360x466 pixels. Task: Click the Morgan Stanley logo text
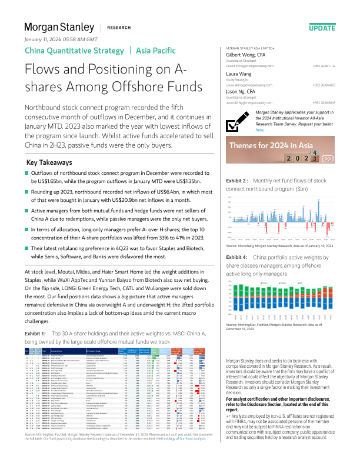tap(58, 28)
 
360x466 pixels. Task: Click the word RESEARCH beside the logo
tap(119, 28)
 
